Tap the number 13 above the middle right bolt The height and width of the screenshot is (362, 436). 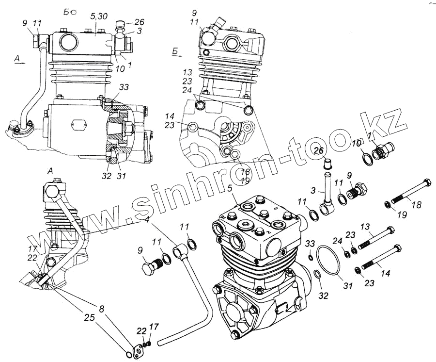click(x=364, y=226)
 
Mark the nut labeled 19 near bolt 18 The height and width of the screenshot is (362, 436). click(x=388, y=204)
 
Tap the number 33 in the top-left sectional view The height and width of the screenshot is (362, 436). click(x=124, y=88)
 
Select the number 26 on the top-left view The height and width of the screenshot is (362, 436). click(x=139, y=22)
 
